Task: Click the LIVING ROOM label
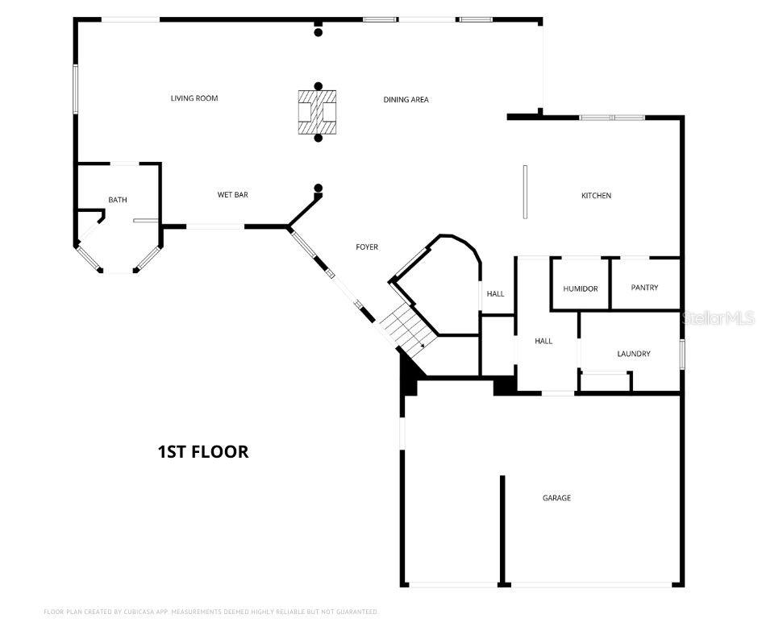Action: (x=194, y=98)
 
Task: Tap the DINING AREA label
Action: (x=406, y=100)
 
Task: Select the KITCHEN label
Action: (x=596, y=196)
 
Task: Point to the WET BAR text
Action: (x=232, y=195)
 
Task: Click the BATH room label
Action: (x=118, y=200)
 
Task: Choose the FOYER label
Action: (x=367, y=247)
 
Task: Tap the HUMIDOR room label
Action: (x=581, y=288)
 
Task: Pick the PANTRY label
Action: (x=644, y=288)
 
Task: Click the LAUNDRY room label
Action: (x=633, y=354)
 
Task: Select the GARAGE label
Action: (x=556, y=498)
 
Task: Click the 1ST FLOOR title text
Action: (x=202, y=451)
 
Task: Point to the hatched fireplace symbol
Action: (x=318, y=112)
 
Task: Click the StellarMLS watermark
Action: (x=717, y=318)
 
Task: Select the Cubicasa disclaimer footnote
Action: (x=210, y=612)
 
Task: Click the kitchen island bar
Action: (x=525, y=192)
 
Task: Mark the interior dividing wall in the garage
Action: (x=502, y=528)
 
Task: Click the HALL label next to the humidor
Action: (x=544, y=341)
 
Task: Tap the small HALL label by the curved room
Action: (x=495, y=294)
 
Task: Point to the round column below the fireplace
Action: (x=319, y=139)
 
